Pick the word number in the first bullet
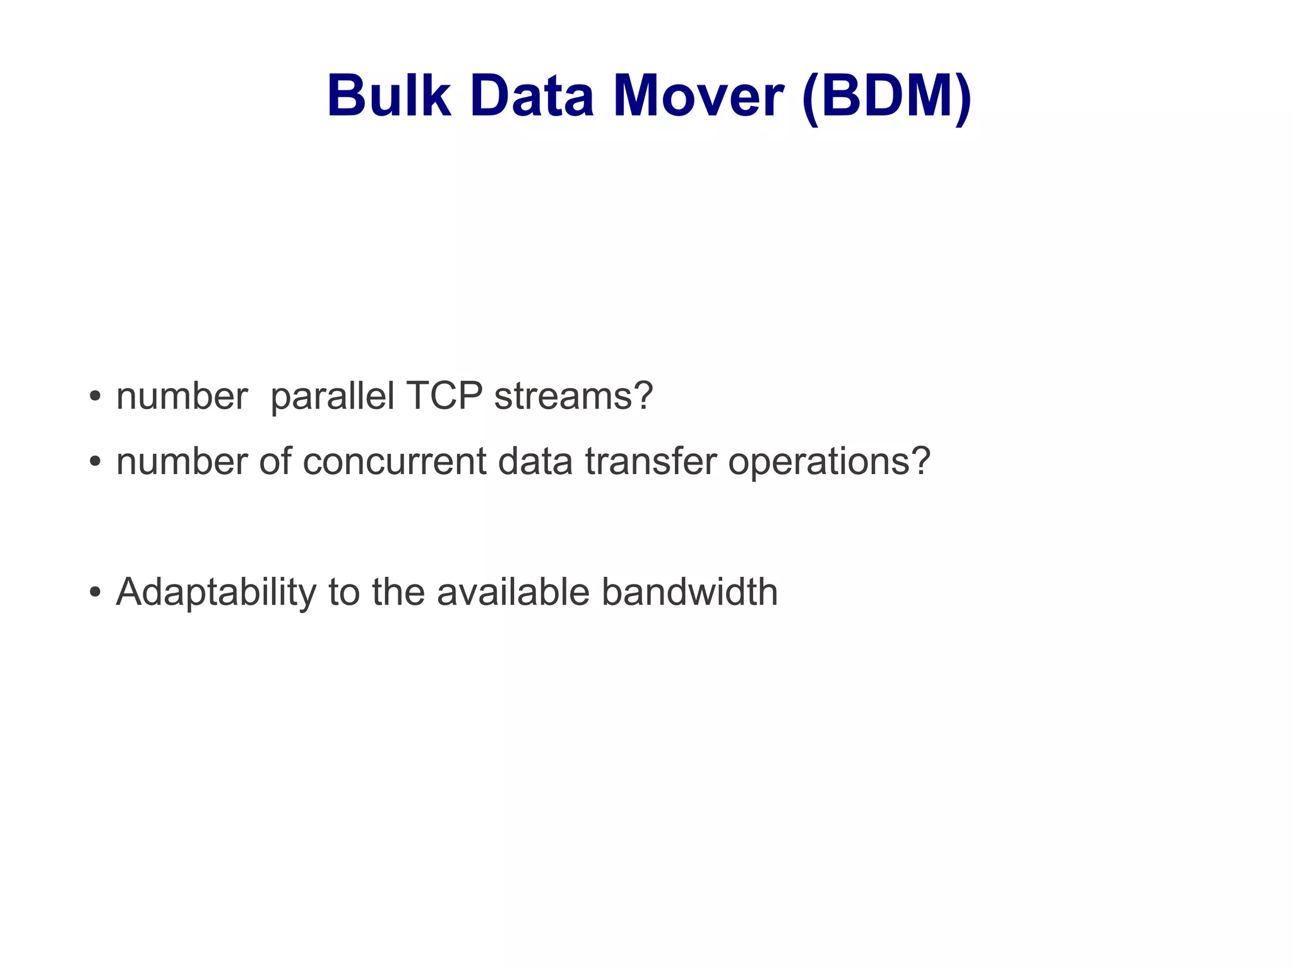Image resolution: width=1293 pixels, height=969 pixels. point(182,396)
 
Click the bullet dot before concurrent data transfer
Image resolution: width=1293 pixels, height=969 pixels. point(95,462)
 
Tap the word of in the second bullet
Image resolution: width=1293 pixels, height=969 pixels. point(275,461)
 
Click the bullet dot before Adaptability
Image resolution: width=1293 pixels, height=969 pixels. point(95,593)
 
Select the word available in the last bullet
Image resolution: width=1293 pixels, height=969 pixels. point(513,592)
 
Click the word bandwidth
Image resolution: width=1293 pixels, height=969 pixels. point(689,592)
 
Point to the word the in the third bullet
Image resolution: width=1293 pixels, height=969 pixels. point(398,592)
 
